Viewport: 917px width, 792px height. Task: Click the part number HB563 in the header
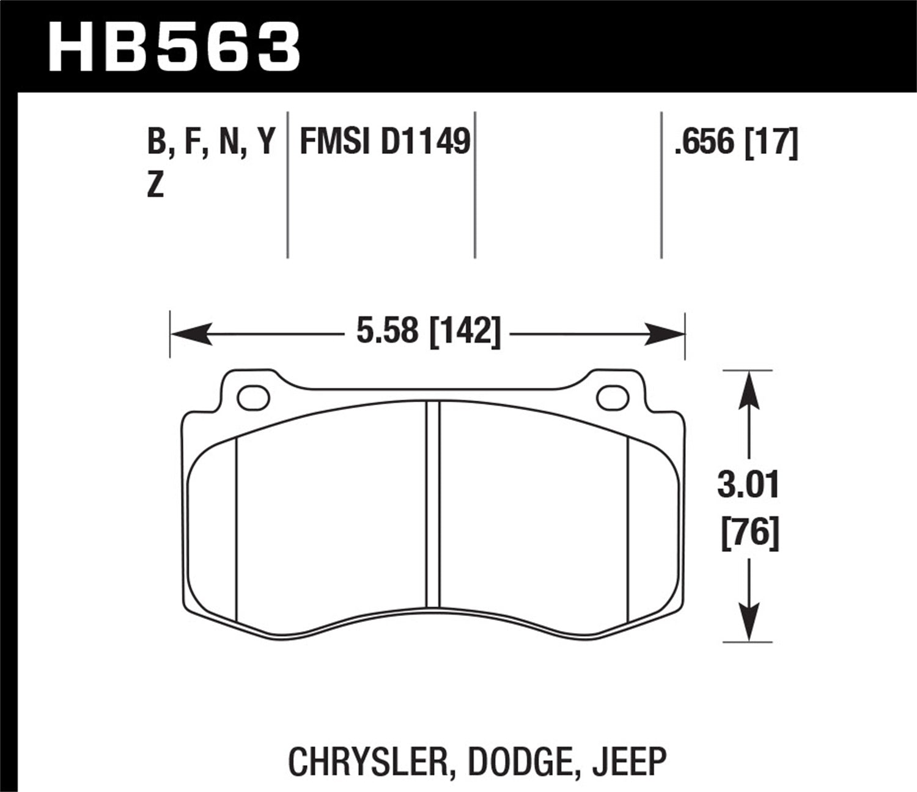click(x=174, y=47)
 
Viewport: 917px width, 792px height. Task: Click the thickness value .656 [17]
click(x=735, y=143)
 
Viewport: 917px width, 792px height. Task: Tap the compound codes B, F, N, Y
click(x=210, y=143)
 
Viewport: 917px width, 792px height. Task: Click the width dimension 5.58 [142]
click(x=428, y=334)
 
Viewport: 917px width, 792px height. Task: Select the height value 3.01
click(x=748, y=486)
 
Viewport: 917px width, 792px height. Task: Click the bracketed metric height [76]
click(x=749, y=534)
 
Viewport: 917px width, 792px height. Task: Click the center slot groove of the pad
click(x=432, y=504)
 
